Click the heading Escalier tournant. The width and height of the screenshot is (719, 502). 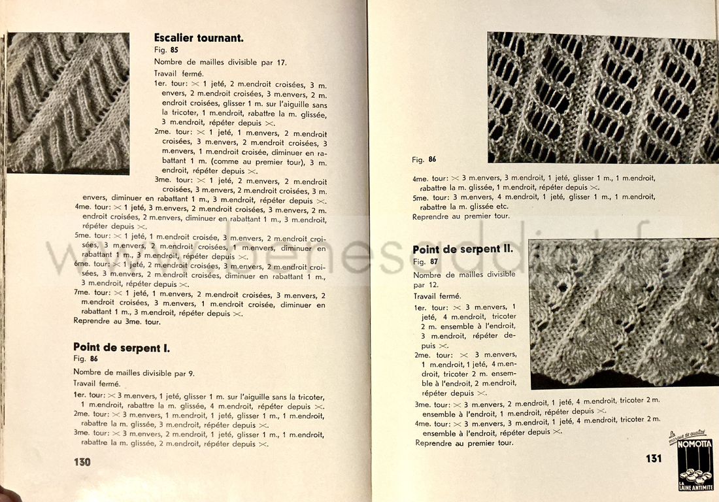(199, 38)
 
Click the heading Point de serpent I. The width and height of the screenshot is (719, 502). (122, 348)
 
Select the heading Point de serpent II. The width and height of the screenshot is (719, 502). (462, 250)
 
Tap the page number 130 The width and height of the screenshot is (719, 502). (82, 461)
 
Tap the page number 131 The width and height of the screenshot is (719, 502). (653, 458)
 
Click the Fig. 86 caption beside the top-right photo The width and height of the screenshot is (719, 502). (424, 159)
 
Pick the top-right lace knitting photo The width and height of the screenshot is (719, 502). (602, 98)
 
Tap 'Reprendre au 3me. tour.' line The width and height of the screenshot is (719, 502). (117, 322)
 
